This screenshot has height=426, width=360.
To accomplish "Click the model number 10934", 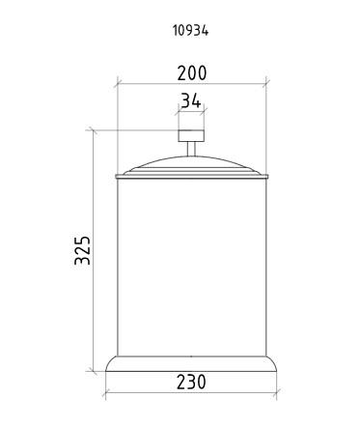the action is tap(191, 31).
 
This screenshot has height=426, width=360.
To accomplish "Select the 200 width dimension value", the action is tap(192, 73).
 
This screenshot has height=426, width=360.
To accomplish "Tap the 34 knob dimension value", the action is tap(191, 100).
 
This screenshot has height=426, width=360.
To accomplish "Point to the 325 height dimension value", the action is tap(82, 250).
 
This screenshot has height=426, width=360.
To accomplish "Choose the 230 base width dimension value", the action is tap(191, 383).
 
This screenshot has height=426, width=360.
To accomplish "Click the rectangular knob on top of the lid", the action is tap(191, 135).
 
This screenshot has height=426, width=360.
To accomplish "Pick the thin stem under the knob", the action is tap(191, 149).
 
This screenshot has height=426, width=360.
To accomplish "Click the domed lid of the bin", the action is tap(191, 165).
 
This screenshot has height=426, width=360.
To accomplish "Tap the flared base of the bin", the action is tap(191, 364).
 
